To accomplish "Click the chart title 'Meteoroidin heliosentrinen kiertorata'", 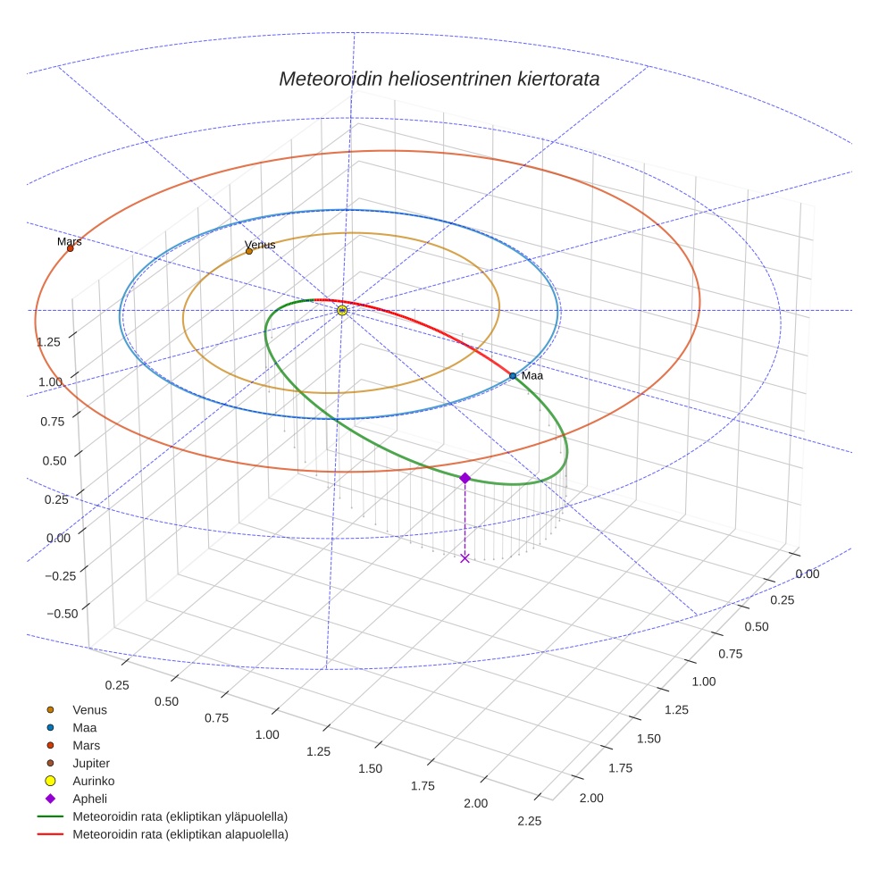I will tap(439, 79).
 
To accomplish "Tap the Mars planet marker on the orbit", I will tap(70, 248).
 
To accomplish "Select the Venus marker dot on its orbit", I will tap(249, 251).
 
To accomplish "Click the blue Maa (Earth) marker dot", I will tap(513, 376).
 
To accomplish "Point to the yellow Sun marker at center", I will tap(342, 310).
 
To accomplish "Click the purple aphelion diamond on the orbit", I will tap(465, 478).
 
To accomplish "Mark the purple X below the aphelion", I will tap(465, 557).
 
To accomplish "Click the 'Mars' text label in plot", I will tap(70, 241).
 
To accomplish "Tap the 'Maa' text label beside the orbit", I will tap(532, 376).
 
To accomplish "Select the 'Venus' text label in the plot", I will tap(260, 244).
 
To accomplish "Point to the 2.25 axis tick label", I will tap(529, 821).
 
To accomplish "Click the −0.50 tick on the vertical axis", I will tap(62, 612).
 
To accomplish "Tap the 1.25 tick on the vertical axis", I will tap(48, 341).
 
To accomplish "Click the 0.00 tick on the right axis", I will tap(807, 574).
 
